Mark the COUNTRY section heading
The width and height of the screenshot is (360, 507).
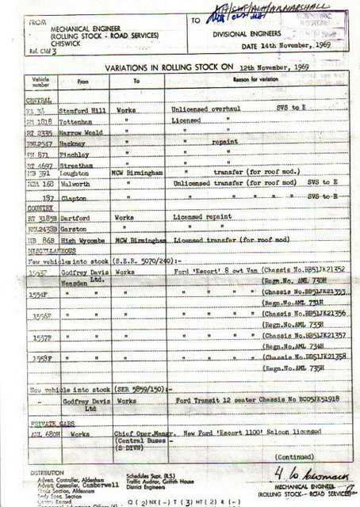(x=17, y=204)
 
